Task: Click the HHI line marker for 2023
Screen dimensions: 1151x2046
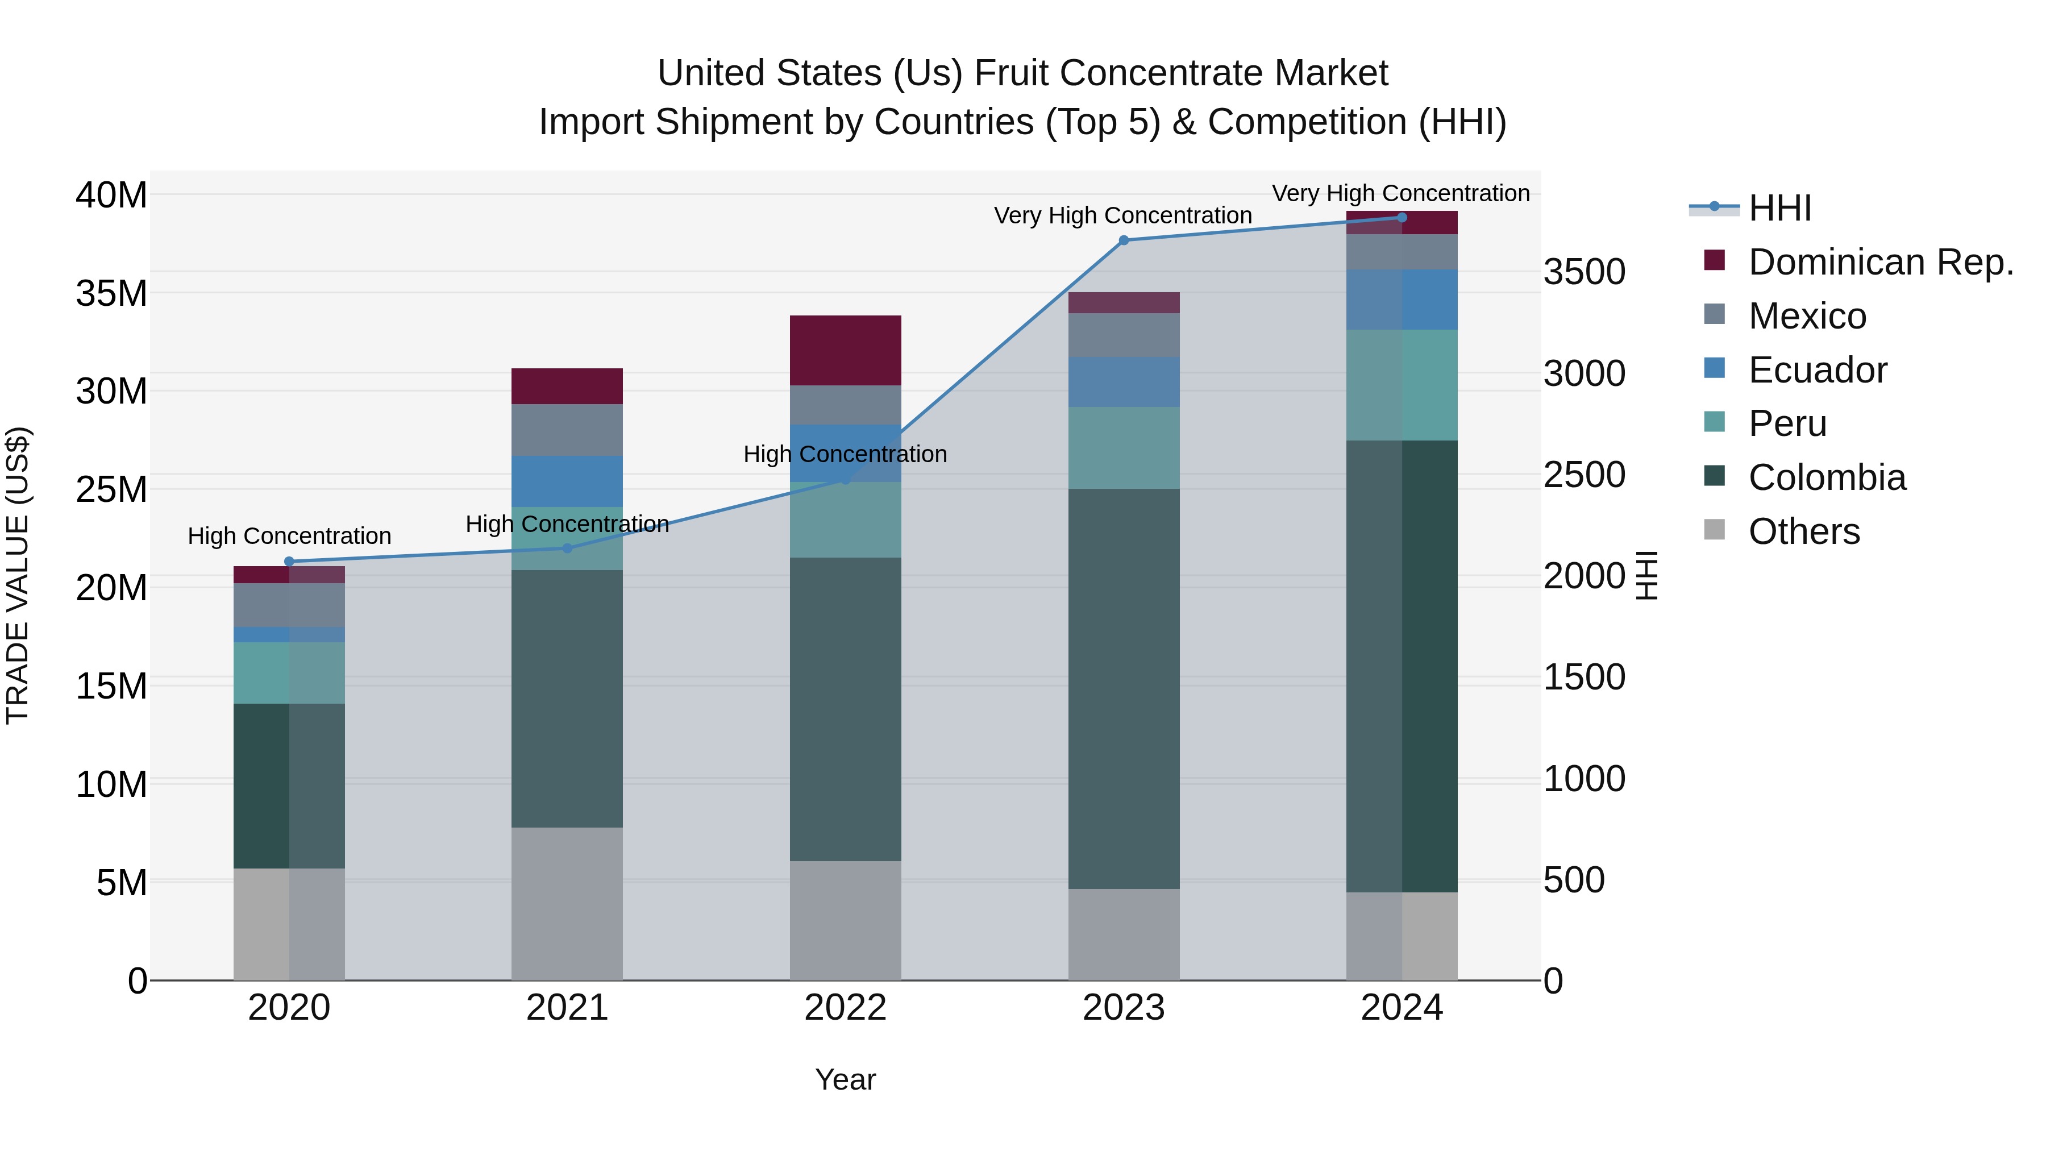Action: [x=1123, y=240]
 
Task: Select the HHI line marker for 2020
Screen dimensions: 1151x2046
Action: [x=289, y=562]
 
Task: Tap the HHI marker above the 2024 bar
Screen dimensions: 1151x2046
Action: [x=1401, y=218]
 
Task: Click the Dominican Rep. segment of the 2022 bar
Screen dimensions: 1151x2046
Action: [x=845, y=350]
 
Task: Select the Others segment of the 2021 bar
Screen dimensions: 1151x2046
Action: [x=567, y=903]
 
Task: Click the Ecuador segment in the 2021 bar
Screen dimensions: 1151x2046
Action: [x=567, y=481]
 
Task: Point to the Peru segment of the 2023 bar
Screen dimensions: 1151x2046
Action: [x=1123, y=448]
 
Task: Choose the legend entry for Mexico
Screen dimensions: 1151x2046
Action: [x=1807, y=316]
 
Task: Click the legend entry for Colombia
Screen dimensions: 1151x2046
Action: [x=1826, y=477]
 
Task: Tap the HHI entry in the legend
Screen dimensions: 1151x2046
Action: [x=1779, y=208]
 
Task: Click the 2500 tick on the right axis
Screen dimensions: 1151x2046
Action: [x=1584, y=475]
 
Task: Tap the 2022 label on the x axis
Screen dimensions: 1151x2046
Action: [x=845, y=1008]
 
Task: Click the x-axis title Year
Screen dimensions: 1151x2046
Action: [x=845, y=1079]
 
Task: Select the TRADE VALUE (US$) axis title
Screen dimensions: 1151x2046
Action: [x=18, y=575]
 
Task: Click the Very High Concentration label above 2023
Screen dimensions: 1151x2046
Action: [x=1122, y=215]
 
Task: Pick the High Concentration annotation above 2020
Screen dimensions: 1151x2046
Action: [x=289, y=536]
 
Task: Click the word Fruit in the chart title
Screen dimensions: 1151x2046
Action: [x=1011, y=73]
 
